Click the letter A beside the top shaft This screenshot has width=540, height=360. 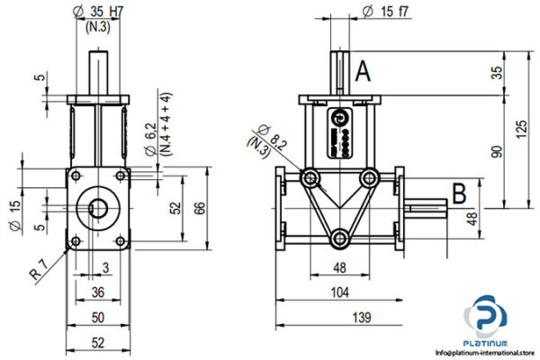(x=363, y=71)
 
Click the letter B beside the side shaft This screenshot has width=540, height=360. (x=458, y=192)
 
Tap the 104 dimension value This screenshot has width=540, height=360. (x=337, y=292)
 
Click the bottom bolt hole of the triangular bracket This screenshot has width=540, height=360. (x=338, y=238)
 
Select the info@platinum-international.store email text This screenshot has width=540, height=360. (x=485, y=353)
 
